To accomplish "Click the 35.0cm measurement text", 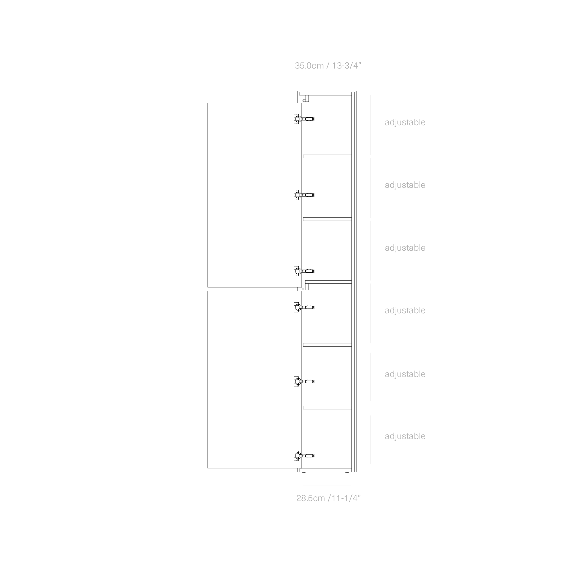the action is tap(309, 66).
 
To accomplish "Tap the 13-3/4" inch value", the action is tap(347, 66).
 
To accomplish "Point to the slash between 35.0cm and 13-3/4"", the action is tap(328, 66).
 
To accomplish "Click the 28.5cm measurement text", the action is tap(310, 498).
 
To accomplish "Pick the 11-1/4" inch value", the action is tap(345, 498).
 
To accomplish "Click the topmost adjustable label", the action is tap(405, 122).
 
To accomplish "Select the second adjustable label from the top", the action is tap(405, 185).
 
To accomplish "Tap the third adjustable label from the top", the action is tap(405, 248).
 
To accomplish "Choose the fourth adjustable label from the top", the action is tap(405, 310).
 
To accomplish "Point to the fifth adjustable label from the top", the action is tap(405, 374).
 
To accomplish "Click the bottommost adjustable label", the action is tap(405, 436).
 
